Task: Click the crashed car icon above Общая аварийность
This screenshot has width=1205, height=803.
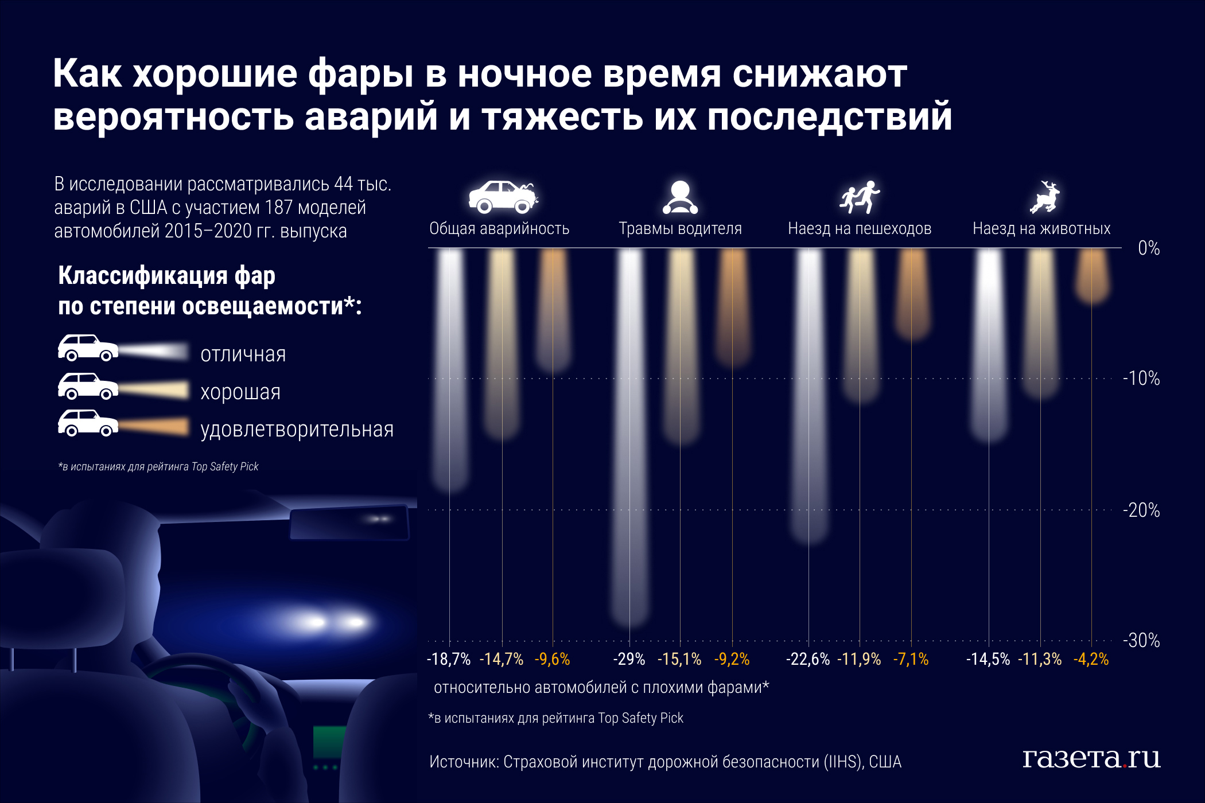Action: (503, 197)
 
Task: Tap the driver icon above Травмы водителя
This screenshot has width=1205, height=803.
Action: (680, 197)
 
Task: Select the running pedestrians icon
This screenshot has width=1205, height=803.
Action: (859, 197)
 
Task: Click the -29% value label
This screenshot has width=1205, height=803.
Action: (629, 659)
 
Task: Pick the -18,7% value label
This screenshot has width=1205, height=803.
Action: (449, 659)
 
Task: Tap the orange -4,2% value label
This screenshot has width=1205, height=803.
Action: (1091, 659)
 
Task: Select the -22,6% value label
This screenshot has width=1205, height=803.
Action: (808, 659)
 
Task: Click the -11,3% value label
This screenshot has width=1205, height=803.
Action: (1040, 659)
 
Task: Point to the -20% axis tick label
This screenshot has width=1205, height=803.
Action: (1141, 510)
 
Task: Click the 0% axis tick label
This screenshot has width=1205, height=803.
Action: (1149, 248)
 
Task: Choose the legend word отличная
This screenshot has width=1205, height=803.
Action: (243, 354)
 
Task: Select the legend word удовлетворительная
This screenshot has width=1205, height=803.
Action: (297, 430)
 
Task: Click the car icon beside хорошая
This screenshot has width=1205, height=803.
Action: (88, 386)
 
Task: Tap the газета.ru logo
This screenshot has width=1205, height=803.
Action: (1091, 758)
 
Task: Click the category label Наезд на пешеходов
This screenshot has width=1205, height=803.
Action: (859, 229)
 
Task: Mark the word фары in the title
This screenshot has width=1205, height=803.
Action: (360, 74)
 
